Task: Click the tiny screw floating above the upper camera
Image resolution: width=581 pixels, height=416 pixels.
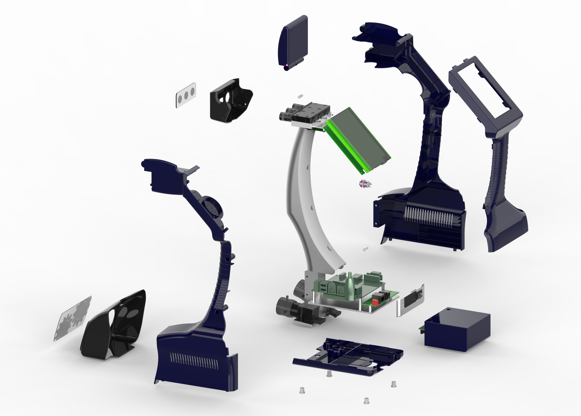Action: click(x=300, y=96)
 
